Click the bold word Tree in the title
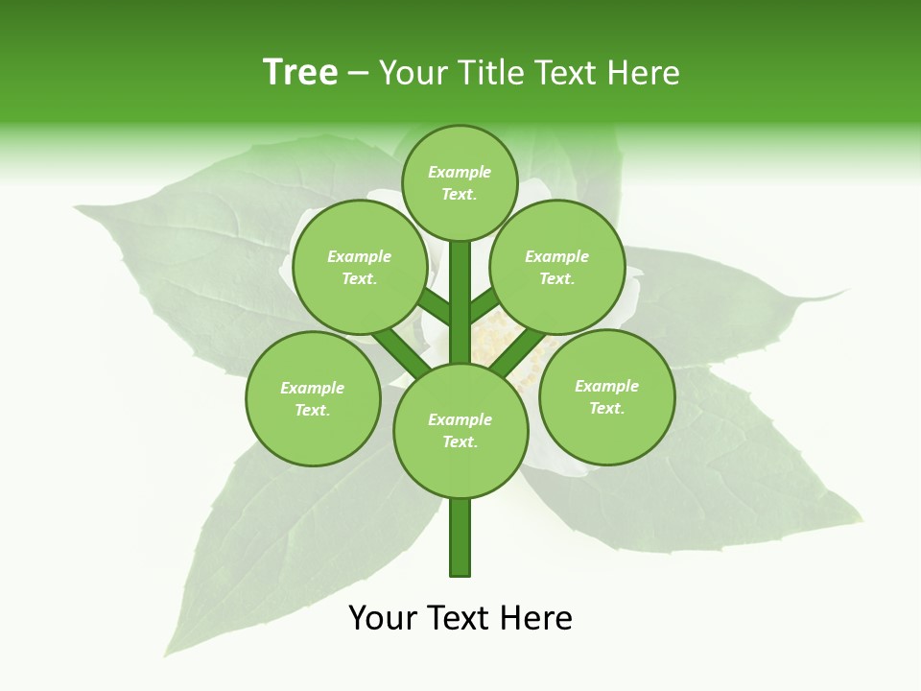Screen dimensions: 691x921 (300, 73)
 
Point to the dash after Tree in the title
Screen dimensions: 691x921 (358, 74)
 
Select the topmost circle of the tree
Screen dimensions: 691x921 (460, 182)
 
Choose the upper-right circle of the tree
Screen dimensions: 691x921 (557, 267)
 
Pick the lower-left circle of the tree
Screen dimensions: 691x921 (313, 398)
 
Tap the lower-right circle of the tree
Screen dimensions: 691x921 (606, 396)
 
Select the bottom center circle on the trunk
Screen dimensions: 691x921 (460, 430)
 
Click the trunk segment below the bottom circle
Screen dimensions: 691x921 (460, 537)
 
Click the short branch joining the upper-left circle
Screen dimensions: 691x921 (435, 307)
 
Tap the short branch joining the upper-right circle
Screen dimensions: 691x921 (484, 304)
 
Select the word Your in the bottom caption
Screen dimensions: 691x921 (384, 618)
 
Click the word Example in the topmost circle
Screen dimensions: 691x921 (460, 172)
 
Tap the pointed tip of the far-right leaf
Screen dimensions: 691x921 (849, 290)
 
